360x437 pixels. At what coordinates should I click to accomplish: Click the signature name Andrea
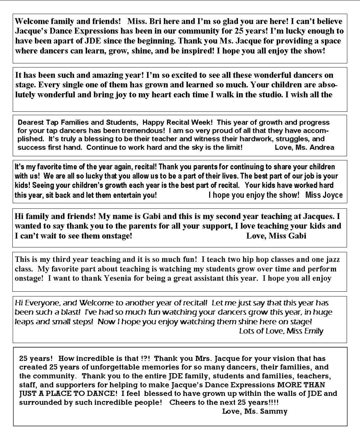coord(323,147)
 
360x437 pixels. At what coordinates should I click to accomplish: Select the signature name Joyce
coord(332,195)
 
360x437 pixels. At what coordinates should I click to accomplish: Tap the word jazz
coord(332,260)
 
